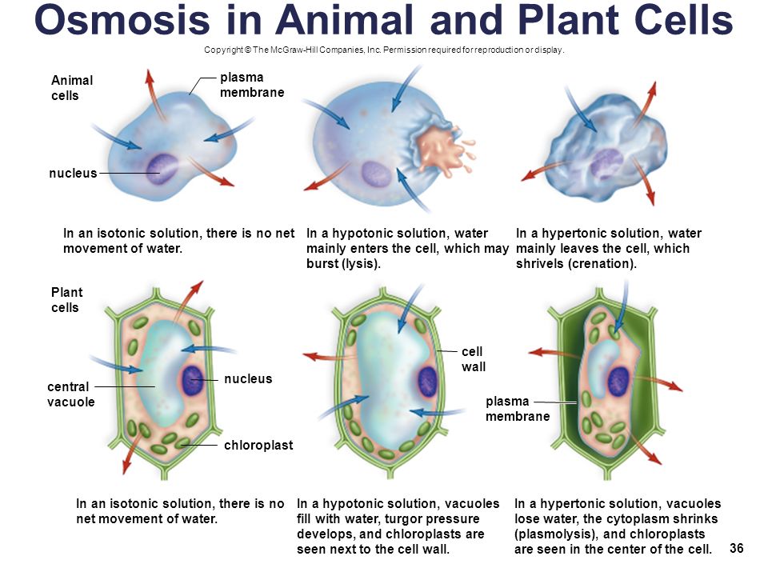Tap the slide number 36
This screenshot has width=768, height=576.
(x=737, y=548)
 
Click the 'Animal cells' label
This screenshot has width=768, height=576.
(x=72, y=87)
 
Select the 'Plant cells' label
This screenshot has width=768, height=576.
(x=67, y=300)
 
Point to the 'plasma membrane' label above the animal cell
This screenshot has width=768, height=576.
(x=251, y=84)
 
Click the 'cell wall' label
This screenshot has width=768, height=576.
(x=474, y=358)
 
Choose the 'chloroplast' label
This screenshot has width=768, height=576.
(x=258, y=444)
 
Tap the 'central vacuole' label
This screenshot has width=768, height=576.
(x=71, y=394)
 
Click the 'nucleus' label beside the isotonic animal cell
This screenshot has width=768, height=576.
(x=73, y=173)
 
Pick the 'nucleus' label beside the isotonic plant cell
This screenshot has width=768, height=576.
(x=248, y=378)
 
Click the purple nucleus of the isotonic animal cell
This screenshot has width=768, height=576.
(x=163, y=166)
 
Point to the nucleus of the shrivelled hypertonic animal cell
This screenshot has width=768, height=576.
(x=606, y=163)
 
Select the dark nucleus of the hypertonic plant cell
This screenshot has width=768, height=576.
(x=618, y=382)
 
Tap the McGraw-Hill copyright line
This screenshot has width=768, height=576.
(x=384, y=50)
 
